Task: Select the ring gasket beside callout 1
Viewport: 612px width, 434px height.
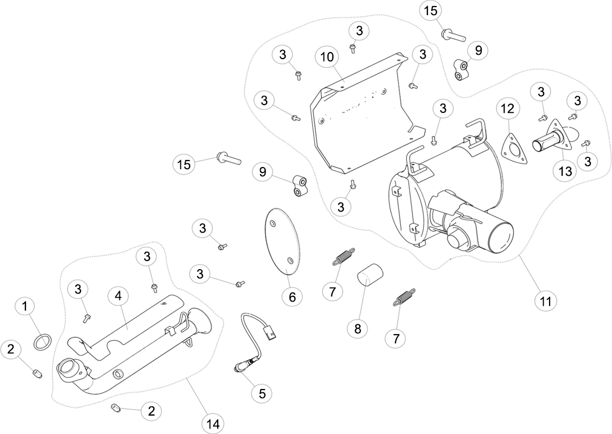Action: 42,342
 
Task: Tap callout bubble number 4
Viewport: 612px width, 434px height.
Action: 118,296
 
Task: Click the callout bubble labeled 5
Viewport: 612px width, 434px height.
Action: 262,393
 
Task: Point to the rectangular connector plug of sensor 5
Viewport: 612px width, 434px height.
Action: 268,334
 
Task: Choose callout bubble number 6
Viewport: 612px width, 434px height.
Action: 292,297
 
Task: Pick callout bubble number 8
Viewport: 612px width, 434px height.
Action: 358,329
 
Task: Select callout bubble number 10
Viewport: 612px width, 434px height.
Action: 327,57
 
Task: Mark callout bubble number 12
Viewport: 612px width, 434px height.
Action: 508,108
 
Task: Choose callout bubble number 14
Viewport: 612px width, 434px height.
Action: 213,424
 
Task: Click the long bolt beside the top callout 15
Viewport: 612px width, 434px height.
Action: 453,36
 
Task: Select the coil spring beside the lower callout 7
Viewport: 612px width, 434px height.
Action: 403,297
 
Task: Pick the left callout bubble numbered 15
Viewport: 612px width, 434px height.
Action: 184,164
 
